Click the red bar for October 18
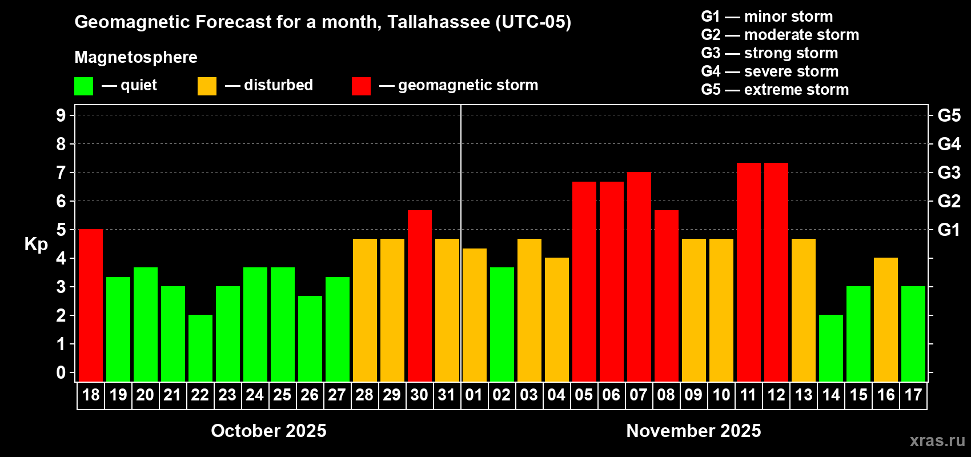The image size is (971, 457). [91, 306]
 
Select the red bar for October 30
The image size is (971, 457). [420, 296]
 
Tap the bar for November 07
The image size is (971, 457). [639, 277]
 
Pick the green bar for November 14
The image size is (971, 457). [831, 348]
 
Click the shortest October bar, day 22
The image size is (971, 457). [200, 348]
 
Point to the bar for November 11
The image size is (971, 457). [749, 272]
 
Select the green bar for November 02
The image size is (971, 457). [502, 324]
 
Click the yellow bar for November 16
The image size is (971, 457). [886, 319]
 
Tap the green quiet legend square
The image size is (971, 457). [84, 86]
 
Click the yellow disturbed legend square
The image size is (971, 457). [207, 86]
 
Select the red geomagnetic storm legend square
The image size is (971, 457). [361, 86]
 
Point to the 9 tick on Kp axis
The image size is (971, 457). [61, 115]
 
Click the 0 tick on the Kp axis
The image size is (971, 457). [61, 372]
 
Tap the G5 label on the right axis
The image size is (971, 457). [949, 115]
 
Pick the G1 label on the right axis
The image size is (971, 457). [949, 230]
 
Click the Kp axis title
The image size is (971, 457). [36, 244]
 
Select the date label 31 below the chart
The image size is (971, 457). [447, 395]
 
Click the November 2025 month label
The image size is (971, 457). [693, 430]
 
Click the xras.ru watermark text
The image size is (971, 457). [937, 440]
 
